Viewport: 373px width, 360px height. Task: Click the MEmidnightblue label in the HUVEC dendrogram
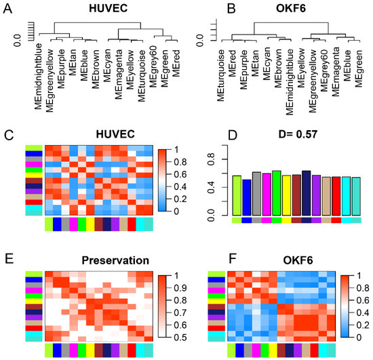[38, 77]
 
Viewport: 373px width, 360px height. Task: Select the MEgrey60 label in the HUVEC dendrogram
[153, 66]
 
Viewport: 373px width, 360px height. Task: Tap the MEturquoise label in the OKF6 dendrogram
[220, 75]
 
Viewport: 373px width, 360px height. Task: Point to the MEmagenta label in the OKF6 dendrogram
[336, 72]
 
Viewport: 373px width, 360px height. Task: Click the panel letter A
[8, 9]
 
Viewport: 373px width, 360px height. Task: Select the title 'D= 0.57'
[298, 134]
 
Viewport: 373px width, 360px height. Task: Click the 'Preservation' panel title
[115, 260]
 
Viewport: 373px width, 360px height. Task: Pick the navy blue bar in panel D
[306, 193]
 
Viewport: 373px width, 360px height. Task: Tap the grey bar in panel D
[256, 193]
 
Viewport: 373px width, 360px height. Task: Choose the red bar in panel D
[336, 196]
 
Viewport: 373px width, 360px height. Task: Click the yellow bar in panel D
[286, 195]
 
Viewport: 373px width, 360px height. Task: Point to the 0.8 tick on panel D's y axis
[211, 159]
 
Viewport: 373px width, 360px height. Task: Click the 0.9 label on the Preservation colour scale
[180, 288]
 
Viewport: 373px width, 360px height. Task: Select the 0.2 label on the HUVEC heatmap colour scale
[180, 199]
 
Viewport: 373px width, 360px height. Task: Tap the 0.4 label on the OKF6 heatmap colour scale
[363, 313]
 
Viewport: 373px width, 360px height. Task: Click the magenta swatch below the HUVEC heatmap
[74, 224]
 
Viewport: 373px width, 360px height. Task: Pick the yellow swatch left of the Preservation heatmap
[34, 301]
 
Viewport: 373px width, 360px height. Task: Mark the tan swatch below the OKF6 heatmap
[306, 351]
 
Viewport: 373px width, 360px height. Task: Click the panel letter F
[232, 259]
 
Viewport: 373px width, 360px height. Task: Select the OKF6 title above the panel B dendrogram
[291, 9]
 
